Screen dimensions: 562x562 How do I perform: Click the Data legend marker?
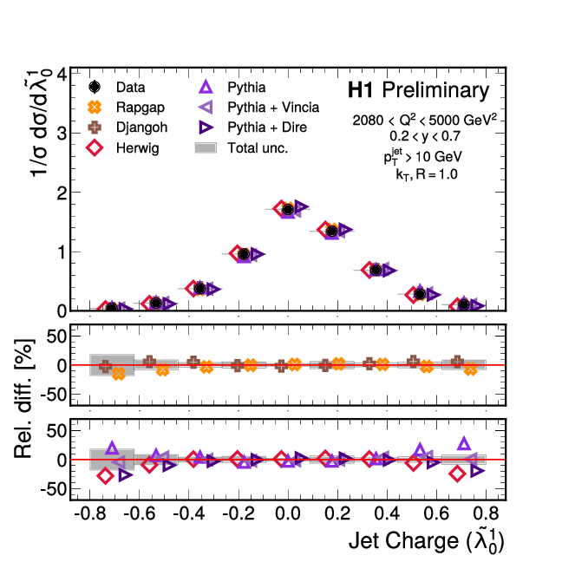click(95, 87)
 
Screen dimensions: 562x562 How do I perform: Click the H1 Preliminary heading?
click(418, 90)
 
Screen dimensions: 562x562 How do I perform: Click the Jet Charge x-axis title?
click(426, 542)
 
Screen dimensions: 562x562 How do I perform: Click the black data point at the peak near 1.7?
click(287, 209)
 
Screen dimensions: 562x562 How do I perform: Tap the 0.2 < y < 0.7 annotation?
click(425, 136)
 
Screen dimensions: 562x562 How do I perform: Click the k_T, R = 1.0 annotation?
click(426, 174)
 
